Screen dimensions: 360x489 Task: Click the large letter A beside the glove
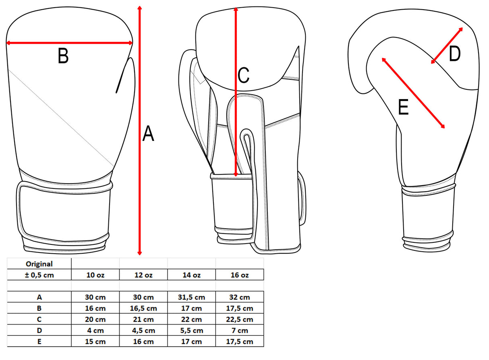coord(148,134)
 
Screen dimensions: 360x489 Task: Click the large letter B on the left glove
coord(63,56)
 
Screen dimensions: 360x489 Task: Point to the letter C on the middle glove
coord(243,75)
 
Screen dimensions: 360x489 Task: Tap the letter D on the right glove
coord(454,54)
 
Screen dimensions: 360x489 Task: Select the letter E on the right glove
coord(403,108)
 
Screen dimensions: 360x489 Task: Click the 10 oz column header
coord(95,275)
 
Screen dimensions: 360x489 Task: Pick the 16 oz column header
coord(240,275)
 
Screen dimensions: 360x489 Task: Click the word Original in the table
coord(39,264)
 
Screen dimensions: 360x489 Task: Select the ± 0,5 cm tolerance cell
coord(39,275)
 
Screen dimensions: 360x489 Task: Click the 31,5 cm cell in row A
coord(191,298)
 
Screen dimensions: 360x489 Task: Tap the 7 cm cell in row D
coord(240,331)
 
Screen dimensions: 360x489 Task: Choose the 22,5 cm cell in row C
coord(240,319)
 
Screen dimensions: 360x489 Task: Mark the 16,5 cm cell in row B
coord(143,308)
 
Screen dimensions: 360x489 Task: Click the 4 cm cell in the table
coord(95,331)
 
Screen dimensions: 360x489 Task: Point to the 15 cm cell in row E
coord(95,341)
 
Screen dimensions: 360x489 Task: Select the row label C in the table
coord(39,319)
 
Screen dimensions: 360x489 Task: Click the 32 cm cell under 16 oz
coord(240,298)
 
